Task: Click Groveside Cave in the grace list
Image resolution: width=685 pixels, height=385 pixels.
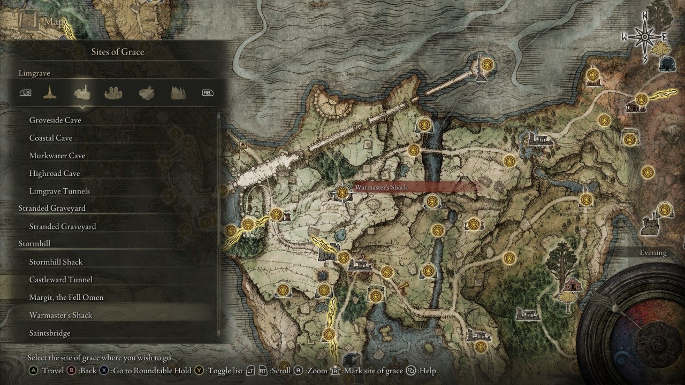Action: (x=55, y=120)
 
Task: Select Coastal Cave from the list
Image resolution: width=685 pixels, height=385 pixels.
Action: (x=51, y=138)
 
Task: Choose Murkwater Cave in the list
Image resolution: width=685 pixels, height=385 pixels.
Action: (x=57, y=156)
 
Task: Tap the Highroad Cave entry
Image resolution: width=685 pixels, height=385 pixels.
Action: (x=55, y=173)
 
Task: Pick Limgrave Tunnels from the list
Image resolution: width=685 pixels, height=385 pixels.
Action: (x=59, y=191)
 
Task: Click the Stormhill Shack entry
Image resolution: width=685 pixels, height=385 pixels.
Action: (x=56, y=261)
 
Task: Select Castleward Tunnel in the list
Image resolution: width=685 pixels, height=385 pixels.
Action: (x=61, y=280)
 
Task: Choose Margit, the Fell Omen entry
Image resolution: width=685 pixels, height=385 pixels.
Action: (x=66, y=297)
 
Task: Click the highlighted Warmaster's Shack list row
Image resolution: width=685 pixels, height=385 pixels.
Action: (x=61, y=315)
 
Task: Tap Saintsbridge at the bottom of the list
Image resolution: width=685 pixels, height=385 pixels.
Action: (x=50, y=333)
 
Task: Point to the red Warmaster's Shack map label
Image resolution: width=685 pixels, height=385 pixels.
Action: (x=381, y=187)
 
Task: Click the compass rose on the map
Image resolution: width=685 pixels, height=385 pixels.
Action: (x=644, y=36)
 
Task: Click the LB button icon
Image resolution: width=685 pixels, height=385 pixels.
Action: (x=26, y=93)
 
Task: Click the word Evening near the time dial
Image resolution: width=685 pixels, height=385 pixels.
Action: (x=653, y=253)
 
